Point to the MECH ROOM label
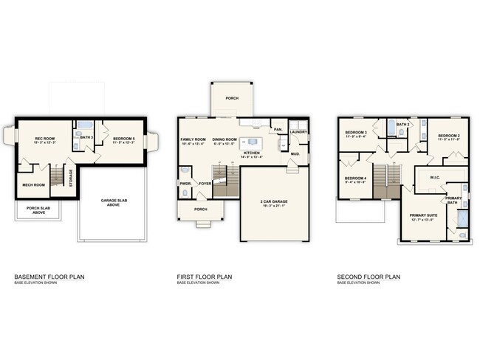tap(33, 184)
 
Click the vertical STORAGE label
tap(71, 178)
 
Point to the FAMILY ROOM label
tap(193, 139)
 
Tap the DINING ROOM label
tap(224, 139)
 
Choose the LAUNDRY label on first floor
tap(298, 132)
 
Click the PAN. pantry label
tap(278, 130)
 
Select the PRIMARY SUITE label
tap(424, 215)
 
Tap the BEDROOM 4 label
tap(355, 178)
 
